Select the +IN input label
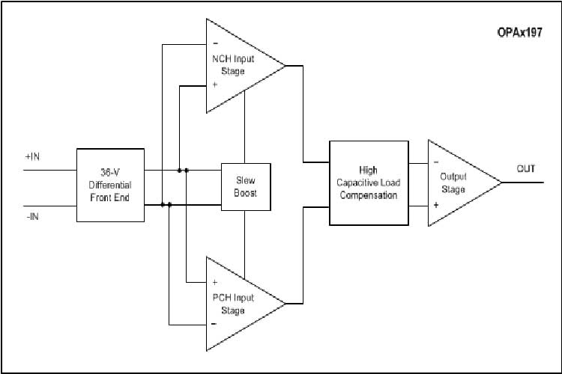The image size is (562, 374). (x=32, y=158)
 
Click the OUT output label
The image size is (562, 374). (x=525, y=169)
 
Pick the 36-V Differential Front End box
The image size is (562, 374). (x=110, y=184)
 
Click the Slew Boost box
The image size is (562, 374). (x=245, y=187)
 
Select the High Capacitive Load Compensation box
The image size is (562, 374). (x=369, y=183)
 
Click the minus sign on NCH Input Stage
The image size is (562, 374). (x=215, y=42)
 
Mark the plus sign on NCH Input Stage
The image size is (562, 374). (x=215, y=85)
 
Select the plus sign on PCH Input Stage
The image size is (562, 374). (x=215, y=283)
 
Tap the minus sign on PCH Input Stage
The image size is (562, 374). (x=215, y=324)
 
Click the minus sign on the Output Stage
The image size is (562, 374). (x=435, y=162)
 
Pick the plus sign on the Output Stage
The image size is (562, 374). (x=435, y=203)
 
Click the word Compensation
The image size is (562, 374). (x=369, y=195)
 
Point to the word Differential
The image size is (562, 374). (x=110, y=184)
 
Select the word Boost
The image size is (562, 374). (x=245, y=193)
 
